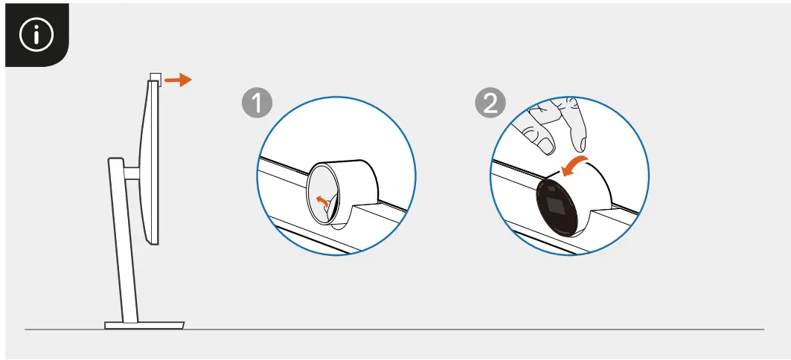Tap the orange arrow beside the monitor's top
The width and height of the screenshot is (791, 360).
click(178, 80)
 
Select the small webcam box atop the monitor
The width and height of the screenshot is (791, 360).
click(154, 77)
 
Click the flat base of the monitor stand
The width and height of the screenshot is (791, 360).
click(144, 324)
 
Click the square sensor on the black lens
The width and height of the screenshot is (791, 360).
click(554, 205)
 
